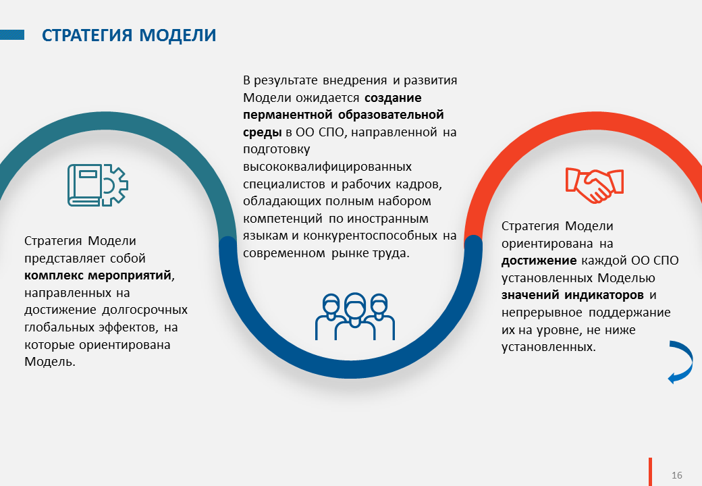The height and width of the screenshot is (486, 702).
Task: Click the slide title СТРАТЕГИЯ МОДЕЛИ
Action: pyautogui.click(x=129, y=35)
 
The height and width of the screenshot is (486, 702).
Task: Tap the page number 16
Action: pyautogui.click(x=676, y=475)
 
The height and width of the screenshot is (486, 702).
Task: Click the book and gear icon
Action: pyautogui.click(x=98, y=185)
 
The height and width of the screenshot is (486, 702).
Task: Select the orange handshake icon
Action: pyautogui.click(x=595, y=185)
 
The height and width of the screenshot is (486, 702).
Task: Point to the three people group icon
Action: pyautogui.click(x=355, y=317)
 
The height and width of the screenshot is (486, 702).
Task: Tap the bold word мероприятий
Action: pyautogui.click(x=130, y=275)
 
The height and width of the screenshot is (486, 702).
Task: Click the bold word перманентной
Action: pyautogui.click(x=288, y=115)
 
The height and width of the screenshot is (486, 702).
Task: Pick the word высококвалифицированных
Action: pyautogui.click(x=327, y=167)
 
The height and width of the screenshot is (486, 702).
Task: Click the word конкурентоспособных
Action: pyautogui.click(x=371, y=236)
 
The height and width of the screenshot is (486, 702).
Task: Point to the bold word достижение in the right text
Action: pyautogui.click(x=539, y=261)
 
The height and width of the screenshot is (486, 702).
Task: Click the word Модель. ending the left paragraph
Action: pyautogui.click(x=50, y=362)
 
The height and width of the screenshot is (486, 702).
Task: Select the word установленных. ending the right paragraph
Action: pyautogui.click(x=548, y=347)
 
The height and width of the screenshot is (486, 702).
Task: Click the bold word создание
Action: pyautogui.click(x=393, y=98)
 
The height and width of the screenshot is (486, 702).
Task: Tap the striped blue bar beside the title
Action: pyautogui.click(x=12, y=35)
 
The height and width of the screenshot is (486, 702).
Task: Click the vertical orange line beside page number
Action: pyautogui.click(x=650, y=472)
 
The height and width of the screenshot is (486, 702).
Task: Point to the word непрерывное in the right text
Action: pyautogui.click(x=542, y=313)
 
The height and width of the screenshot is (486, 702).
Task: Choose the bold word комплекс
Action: pyautogui.click(x=54, y=275)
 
